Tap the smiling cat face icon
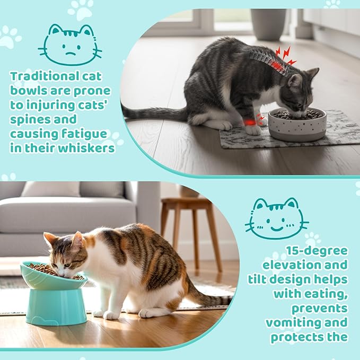[277, 218]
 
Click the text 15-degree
[317, 251]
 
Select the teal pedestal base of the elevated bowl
[56, 307]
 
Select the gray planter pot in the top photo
[268, 24]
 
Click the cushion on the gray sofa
[51, 189]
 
